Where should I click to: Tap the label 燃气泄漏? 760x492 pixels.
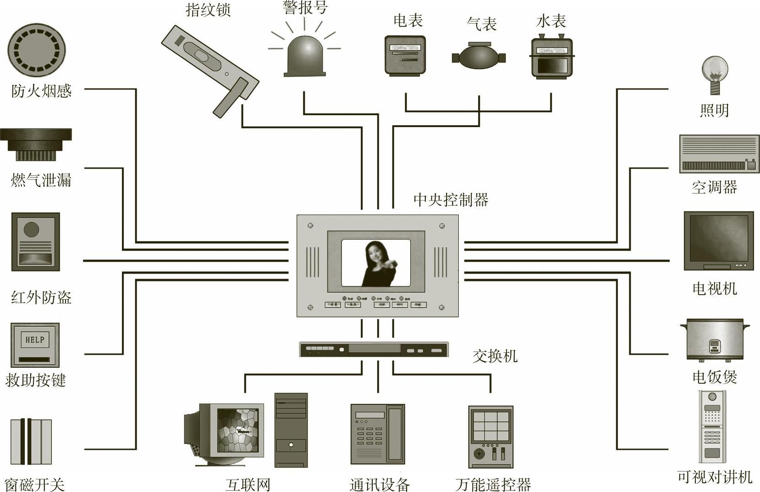click(41, 180)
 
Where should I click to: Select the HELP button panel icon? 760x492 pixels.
click(35, 345)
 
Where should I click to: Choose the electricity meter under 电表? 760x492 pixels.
click(405, 55)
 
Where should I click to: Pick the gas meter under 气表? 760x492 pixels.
click(479, 56)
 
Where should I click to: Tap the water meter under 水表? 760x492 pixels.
click(551, 57)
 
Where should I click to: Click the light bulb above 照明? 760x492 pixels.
click(715, 73)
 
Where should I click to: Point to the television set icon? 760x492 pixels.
click(718, 240)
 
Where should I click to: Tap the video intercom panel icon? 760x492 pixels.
click(712, 426)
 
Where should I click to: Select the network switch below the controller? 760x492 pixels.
click(374, 349)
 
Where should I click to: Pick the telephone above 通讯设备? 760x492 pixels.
click(377, 434)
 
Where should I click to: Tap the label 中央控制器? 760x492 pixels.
click(451, 200)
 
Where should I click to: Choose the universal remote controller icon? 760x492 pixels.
click(490, 436)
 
